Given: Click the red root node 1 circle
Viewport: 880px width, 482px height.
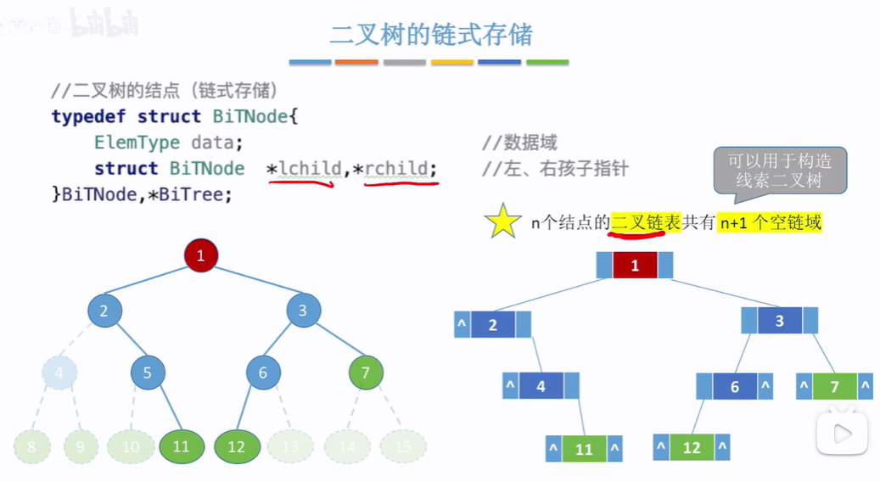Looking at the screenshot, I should coord(201,255).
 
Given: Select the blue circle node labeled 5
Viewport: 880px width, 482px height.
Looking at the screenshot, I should coord(148,373).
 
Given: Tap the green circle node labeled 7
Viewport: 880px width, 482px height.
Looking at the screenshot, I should coord(366,372).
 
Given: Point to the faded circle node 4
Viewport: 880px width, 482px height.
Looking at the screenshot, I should coord(59,373).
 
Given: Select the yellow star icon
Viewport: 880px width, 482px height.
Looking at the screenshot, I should coord(502,221).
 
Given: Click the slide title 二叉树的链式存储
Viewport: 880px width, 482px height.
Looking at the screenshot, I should coord(431,34).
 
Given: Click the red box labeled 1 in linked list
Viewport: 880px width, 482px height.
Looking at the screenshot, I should coord(635,266).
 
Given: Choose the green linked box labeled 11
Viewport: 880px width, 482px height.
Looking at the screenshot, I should coord(584,449).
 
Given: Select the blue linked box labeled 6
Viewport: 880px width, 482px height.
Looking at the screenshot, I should coord(735,387).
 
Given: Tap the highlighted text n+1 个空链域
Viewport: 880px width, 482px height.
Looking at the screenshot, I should coord(771,222).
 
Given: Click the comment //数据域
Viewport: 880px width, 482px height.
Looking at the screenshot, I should coord(519,142).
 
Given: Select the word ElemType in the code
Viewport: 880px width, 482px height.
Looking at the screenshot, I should coord(137,142).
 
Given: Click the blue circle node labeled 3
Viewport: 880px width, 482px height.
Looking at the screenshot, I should coord(303,311).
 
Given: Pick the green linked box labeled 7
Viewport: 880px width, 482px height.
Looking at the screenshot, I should coord(834,387).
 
